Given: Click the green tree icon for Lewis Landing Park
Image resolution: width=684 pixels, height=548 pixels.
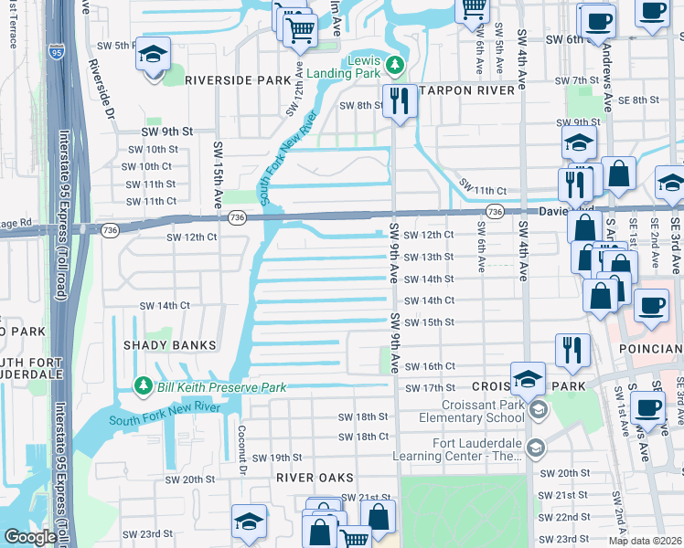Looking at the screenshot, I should [x=395, y=65].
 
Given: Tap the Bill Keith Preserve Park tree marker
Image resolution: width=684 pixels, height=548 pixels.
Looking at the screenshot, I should [x=142, y=387].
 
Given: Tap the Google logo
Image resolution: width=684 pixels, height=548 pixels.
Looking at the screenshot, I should [x=30, y=537].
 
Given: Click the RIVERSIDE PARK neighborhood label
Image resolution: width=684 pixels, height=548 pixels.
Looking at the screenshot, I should [x=237, y=80].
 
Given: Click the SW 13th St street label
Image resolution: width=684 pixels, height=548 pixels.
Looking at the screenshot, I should [x=429, y=258].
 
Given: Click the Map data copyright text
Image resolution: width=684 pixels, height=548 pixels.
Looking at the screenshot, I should [x=645, y=541].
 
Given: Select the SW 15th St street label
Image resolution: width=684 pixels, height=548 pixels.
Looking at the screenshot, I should [x=429, y=322].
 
